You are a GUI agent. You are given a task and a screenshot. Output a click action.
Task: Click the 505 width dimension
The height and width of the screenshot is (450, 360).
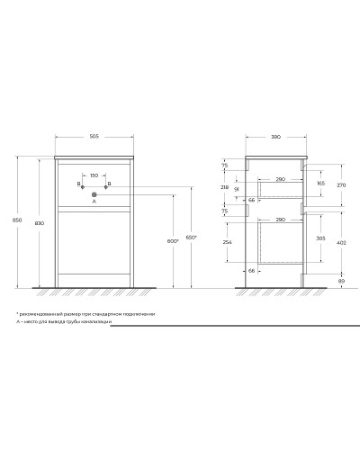pos(94,137)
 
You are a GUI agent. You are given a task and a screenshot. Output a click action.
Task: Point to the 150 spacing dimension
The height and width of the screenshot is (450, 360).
pos(94,176)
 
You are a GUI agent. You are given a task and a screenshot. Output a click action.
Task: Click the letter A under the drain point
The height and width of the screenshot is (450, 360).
pos(94,202)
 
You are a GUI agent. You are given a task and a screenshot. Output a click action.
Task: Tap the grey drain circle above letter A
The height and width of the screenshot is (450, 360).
pos(94,193)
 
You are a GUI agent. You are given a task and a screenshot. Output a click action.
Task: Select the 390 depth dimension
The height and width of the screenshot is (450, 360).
pos(275,137)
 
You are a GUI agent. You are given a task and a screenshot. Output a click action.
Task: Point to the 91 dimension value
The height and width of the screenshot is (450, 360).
pos(237,189)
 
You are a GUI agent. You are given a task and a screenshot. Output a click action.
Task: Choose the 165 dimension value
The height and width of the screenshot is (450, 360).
pos(321,184)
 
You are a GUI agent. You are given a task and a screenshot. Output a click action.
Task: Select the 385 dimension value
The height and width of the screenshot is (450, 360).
pos(321,239)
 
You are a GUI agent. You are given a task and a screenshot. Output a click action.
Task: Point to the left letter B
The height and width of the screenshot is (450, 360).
pos(78,184)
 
